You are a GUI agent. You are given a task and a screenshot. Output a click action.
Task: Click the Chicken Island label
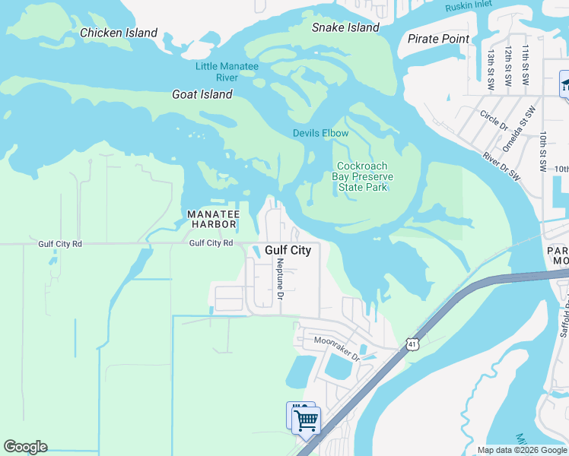click(x=119, y=33)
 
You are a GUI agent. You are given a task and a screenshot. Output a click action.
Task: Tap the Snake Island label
click(x=345, y=27)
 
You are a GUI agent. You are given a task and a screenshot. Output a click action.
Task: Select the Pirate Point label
click(x=438, y=39)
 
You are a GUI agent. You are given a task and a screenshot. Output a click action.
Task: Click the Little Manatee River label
click(x=227, y=71)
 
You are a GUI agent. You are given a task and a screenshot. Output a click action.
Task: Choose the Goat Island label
click(x=202, y=94)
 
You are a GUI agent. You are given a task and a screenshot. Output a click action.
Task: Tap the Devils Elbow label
click(x=321, y=133)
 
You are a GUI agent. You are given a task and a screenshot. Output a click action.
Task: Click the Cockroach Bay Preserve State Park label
click(x=362, y=176)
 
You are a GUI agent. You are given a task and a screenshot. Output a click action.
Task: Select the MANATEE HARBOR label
click(x=213, y=219)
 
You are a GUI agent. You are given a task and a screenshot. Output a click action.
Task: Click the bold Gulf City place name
click(x=288, y=250)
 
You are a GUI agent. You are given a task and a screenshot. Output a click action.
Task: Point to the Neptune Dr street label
click(x=280, y=277)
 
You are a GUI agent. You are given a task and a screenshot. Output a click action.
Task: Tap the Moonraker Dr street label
click(x=335, y=341)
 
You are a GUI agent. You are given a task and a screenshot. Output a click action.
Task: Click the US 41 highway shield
click(x=412, y=344)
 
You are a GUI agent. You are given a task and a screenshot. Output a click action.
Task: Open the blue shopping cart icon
click(x=307, y=420)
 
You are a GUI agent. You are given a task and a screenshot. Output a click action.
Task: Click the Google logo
click(x=25, y=447)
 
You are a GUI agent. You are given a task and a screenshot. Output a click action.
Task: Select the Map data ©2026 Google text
click(x=522, y=450)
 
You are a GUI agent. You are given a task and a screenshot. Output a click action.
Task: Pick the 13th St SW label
click(x=492, y=67)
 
